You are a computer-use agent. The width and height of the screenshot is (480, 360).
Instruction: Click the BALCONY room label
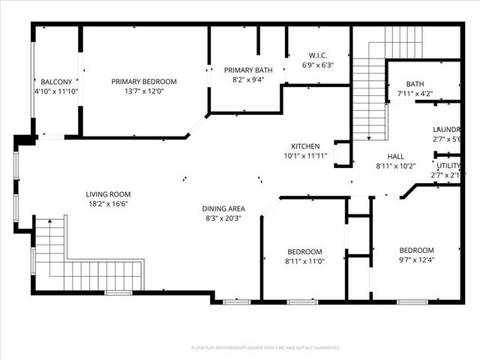pos(56,81)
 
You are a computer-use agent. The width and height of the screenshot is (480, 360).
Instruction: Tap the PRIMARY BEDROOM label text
pos(144,81)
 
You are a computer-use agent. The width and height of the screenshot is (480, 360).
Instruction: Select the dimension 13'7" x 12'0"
pos(144,91)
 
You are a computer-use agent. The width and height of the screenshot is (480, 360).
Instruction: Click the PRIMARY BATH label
pos(248,70)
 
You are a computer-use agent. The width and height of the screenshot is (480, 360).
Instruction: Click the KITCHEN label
pos(306,146)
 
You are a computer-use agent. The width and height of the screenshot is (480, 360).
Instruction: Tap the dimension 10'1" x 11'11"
pos(306,156)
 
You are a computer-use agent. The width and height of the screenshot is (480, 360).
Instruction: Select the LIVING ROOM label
pos(108,193)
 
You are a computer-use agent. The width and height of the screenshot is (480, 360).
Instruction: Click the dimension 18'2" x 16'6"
pos(108,203)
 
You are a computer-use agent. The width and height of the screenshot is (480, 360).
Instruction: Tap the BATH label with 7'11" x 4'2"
pos(415,84)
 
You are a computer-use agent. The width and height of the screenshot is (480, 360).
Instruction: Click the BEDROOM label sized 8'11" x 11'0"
pos(304,251)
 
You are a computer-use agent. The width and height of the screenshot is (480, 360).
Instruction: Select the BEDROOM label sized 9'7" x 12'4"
pos(416,250)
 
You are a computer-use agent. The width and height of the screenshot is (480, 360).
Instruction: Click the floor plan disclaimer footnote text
pos(265,348)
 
